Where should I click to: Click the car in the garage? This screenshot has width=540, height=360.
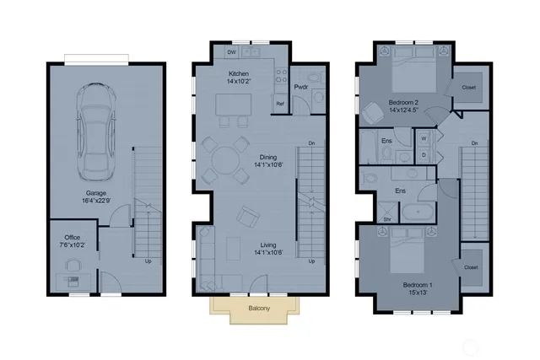click(x=96, y=132)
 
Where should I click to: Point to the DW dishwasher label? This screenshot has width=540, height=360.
click(x=230, y=52)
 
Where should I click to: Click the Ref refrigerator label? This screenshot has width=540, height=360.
click(x=279, y=104)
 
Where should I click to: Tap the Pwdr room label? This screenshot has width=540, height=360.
click(x=300, y=86)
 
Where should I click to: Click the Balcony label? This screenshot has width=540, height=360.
click(x=259, y=309)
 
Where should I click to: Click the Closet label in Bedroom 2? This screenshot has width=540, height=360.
click(x=468, y=87)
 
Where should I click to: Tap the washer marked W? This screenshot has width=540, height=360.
click(x=423, y=137)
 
